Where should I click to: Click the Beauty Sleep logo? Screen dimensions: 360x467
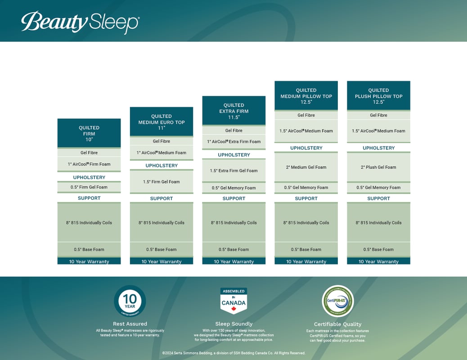pos(80,22)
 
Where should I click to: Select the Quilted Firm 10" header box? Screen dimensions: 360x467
pos(89,133)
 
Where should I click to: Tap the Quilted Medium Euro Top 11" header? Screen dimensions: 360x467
pos(162,121)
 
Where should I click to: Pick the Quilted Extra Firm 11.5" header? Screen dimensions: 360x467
pos(234,111)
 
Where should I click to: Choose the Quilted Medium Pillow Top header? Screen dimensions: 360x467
pos(306,95)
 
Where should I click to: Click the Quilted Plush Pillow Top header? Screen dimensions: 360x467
pos(378,95)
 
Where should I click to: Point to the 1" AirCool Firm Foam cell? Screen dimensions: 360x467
pos(89,164)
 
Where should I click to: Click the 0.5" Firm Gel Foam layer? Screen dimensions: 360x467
pos(89,187)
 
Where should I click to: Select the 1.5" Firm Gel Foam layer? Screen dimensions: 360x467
pos(162,182)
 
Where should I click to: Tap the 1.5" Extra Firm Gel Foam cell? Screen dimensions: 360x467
pos(234,171)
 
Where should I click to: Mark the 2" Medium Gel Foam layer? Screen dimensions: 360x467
pos(306,167)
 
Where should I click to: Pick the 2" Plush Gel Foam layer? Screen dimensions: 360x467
pos(378,167)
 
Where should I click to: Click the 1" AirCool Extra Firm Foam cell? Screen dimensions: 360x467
pos(234,142)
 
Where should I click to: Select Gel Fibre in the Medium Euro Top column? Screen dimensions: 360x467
pos(162,141)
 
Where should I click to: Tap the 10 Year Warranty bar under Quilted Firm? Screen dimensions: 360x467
pos(89,261)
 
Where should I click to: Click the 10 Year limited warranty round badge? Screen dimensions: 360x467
pos(130,301)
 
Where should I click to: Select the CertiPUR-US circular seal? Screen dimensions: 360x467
pos(337,301)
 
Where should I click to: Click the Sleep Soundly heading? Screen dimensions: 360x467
pos(233,324)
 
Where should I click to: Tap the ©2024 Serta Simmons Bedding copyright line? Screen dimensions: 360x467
pos(233,353)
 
